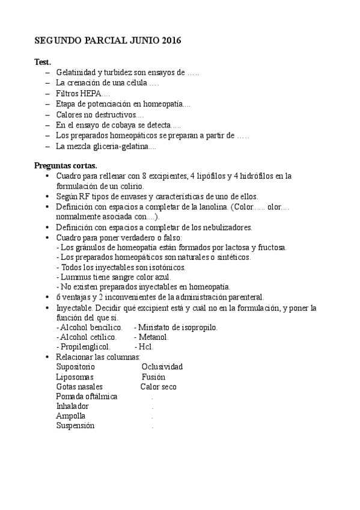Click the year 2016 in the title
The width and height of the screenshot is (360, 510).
click(x=169, y=40)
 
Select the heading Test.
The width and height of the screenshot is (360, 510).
click(x=43, y=62)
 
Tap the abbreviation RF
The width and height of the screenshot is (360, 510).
click(x=85, y=197)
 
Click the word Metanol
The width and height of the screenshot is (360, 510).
click(x=154, y=337)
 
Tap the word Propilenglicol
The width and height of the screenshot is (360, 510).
click(x=85, y=347)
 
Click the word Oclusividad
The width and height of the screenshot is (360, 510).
click(x=162, y=367)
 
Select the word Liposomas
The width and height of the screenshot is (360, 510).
click(x=75, y=377)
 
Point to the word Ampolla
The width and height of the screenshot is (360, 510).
click(x=71, y=416)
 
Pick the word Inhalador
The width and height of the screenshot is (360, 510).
click(x=72, y=406)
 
